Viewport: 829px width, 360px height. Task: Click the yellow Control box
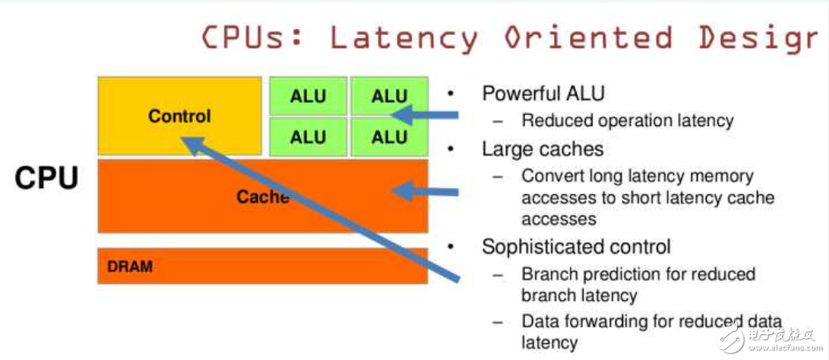tap(179, 115)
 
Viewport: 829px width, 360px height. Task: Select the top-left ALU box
tap(308, 96)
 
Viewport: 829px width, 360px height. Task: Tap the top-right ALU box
tap(389, 96)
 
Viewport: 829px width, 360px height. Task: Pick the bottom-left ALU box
tap(308, 137)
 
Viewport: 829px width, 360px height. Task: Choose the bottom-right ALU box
tap(389, 137)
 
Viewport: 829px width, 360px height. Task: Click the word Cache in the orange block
tap(262, 197)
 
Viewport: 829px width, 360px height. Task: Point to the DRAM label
tap(129, 267)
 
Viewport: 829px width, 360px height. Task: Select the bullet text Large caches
tap(543, 149)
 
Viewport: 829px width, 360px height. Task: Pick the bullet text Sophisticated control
tap(576, 247)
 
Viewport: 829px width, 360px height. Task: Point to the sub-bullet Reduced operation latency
tap(627, 121)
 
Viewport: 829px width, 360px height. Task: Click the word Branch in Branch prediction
tap(547, 273)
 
